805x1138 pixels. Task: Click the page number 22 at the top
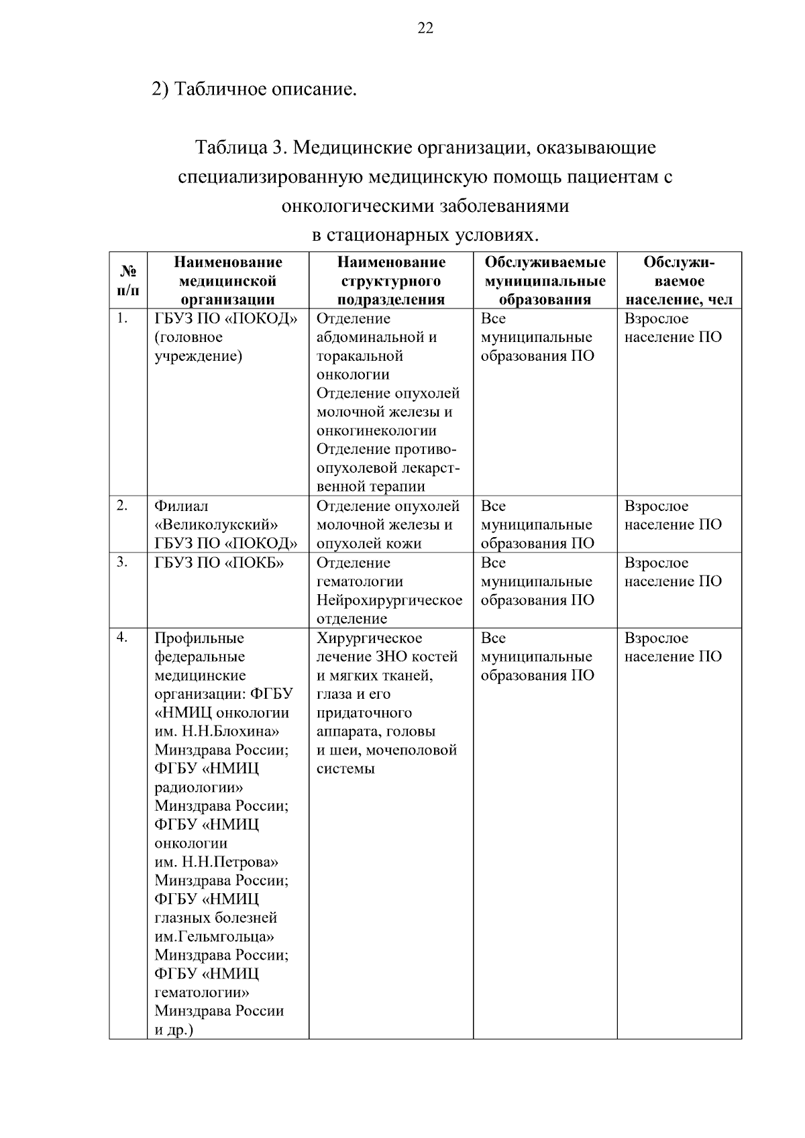pyautogui.click(x=425, y=27)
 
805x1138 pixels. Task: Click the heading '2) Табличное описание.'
pyautogui.click(x=254, y=89)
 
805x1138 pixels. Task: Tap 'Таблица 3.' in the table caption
pyautogui.click(x=240, y=148)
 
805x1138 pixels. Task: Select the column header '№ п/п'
pyautogui.click(x=128, y=281)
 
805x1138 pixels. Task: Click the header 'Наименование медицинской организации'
pyautogui.click(x=228, y=281)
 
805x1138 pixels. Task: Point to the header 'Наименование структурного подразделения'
pyautogui.click(x=391, y=281)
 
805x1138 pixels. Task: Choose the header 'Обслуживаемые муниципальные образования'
pyautogui.click(x=545, y=281)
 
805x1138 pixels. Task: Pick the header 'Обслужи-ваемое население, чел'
pyautogui.click(x=679, y=281)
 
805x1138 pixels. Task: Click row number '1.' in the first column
pyautogui.click(x=121, y=319)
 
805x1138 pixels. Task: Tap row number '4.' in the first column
pyautogui.click(x=121, y=638)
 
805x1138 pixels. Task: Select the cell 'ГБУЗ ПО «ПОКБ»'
pyautogui.click(x=219, y=563)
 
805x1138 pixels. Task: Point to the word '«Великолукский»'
pyautogui.click(x=217, y=525)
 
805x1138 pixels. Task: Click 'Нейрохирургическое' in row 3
pyautogui.click(x=389, y=600)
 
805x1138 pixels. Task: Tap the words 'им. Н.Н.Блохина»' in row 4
pyautogui.click(x=217, y=732)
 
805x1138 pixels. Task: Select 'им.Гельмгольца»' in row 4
pyautogui.click(x=214, y=937)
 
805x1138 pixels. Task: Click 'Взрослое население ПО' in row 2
pyautogui.click(x=673, y=516)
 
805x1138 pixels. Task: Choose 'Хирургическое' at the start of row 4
pyautogui.click(x=369, y=638)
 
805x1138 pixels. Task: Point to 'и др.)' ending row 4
pyautogui.click(x=174, y=1030)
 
